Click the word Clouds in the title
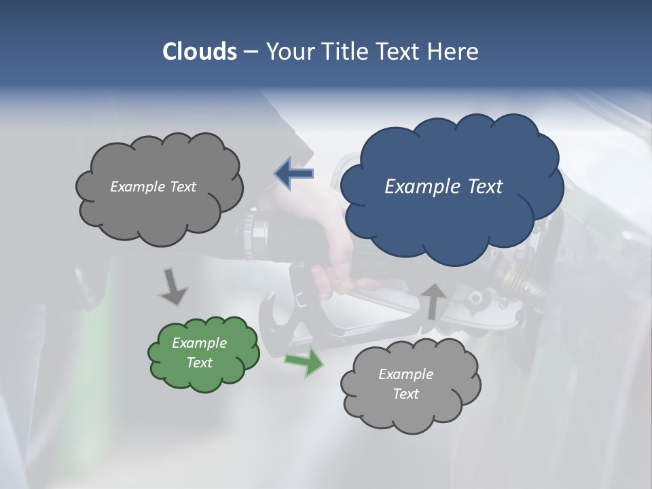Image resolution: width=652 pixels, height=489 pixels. tap(199, 51)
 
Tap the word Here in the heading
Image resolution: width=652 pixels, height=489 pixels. tap(452, 51)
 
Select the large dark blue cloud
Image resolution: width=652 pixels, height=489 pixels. tap(451, 182)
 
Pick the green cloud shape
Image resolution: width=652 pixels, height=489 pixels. tap(203, 353)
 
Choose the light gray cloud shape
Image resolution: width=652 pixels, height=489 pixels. tap(410, 384)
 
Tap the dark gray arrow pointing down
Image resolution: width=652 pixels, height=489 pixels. tap(173, 286)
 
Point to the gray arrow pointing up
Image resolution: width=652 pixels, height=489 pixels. tap(433, 301)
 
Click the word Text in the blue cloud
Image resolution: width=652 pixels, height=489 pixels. tap(485, 187)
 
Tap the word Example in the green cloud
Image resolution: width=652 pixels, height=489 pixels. tap(199, 343)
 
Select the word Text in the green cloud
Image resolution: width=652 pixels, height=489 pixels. tap(199, 363)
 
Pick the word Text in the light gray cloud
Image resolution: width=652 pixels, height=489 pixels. tap(405, 394)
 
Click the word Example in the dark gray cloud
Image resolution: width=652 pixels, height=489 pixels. tap(138, 187)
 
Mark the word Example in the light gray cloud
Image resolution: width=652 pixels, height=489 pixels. tap(405, 374)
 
